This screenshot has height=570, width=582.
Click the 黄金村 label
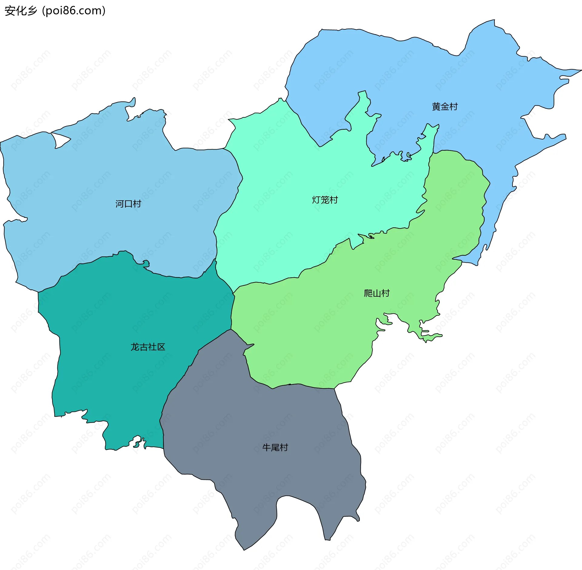[x=445, y=107]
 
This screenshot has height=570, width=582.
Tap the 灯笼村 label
[x=325, y=200]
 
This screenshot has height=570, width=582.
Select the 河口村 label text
[x=128, y=204]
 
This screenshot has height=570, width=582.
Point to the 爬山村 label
[x=376, y=293]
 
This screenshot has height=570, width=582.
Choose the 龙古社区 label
[x=148, y=347]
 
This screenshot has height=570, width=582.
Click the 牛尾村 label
[x=275, y=447]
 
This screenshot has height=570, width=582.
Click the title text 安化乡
[x=21, y=11]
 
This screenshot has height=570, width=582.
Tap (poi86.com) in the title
[x=74, y=11]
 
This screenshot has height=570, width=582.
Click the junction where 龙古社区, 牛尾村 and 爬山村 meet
[x=231, y=329]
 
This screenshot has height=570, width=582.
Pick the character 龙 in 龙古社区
[x=135, y=347]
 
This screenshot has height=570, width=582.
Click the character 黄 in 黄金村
[x=436, y=107]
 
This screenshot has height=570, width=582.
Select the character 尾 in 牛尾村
[x=275, y=447]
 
